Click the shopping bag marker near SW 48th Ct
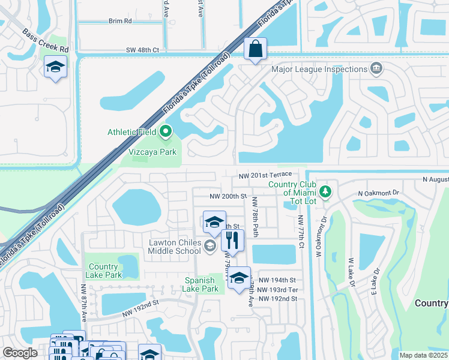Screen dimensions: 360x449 [x=256, y=50]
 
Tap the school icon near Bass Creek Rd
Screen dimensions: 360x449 [x=55, y=68]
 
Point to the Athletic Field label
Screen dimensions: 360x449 [x=132, y=132]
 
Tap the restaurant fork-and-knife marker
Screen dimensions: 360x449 [x=232, y=241]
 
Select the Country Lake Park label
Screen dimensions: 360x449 [x=105, y=271]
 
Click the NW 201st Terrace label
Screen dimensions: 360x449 [x=265, y=175]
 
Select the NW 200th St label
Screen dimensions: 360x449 [x=228, y=196]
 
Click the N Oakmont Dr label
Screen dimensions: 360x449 [x=378, y=193]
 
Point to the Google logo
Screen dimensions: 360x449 [x=20, y=353]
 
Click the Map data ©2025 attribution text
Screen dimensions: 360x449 [x=423, y=355]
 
